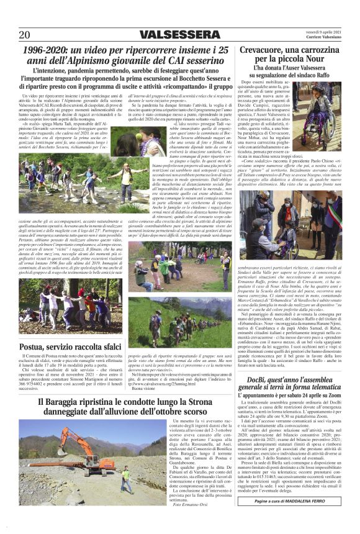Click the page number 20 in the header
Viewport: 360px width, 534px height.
[x=25, y=34]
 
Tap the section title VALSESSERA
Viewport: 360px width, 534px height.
[x=179, y=34]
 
